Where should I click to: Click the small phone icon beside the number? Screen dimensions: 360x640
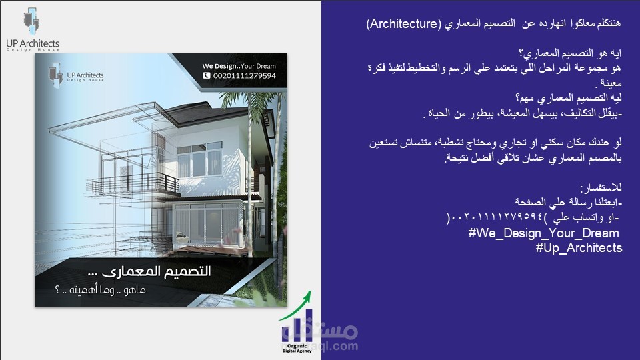(x=206, y=77)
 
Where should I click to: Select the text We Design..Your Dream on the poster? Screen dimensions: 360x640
(x=239, y=66)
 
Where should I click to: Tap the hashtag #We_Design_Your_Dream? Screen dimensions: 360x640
(x=543, y=233)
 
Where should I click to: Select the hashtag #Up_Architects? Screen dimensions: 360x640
(x=578, y=247)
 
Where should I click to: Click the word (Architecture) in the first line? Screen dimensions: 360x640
(x=403, y=24)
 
